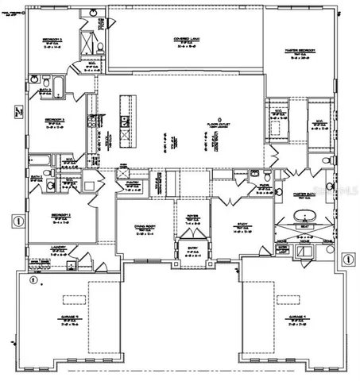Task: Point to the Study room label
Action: click(x=240, y=225)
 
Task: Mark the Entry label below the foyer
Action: click(x=192, y=248)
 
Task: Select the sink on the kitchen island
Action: click(x=125, y=121)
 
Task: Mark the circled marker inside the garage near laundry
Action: click(x=32, y=279)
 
